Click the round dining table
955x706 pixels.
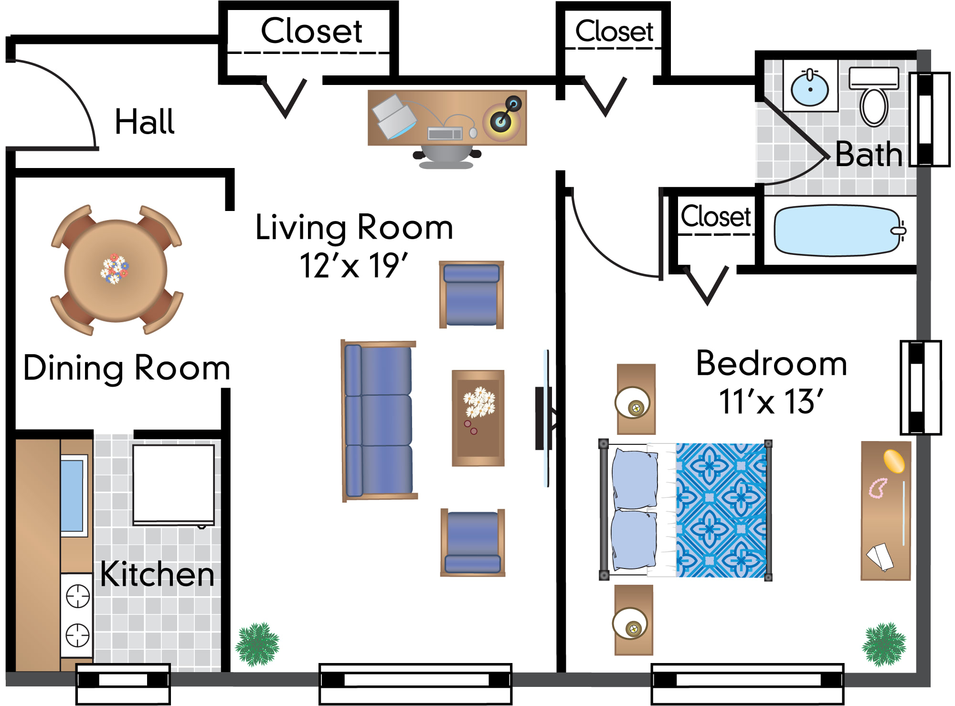(x=116, y=271)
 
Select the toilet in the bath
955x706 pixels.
(x=874, y=97)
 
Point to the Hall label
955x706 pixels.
(x=145, y=122)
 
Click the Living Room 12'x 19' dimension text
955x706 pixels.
(x=354, y=265)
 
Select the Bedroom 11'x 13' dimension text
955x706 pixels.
(x=771, y=401)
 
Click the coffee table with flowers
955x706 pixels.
(x=478, y=418)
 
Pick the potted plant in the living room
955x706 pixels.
(x=257, y=644)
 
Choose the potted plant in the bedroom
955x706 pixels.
(x=884, y=644)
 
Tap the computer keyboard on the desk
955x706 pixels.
(x=445, y=133)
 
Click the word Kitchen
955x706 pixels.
(x=157, y=574)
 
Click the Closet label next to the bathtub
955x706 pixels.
(x=716, y=216)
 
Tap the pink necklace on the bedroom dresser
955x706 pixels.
(x=878, y=488)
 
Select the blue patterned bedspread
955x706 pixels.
(x=721, y=510)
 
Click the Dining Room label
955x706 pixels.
(x=127, y=368)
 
